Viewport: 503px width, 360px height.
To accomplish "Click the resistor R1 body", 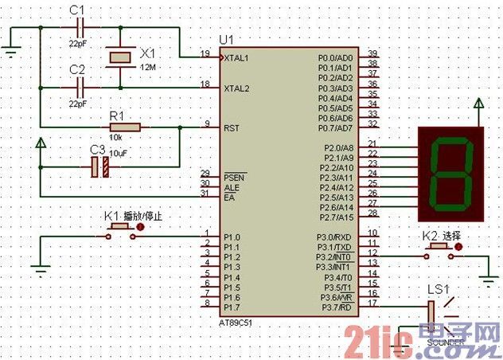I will [x=125, y=127].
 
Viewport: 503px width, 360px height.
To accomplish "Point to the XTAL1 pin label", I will [x=237, y=58].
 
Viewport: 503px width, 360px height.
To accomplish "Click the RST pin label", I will [x=232, y=127].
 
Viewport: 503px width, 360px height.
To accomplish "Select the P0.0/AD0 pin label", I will [x=335, y=58].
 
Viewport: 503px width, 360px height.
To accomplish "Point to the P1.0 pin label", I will [x=232, y=237].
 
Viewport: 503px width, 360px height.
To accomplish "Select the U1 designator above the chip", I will [x=227, y=40].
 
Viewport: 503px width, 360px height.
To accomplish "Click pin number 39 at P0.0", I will [x=372, y=53].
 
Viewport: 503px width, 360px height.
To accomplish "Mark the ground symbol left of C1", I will [x=11, y=53].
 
